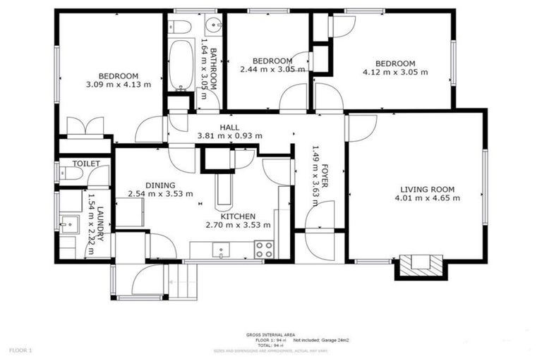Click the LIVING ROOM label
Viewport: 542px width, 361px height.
(x=427, y=189)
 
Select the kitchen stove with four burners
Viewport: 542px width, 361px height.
(x=264, y=249)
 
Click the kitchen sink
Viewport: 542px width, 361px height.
(x=221, y=249)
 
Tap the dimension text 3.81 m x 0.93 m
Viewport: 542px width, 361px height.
(x=229, y=136)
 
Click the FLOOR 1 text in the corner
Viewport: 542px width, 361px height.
(x=20, y=349)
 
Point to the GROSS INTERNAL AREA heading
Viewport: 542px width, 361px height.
(x=270, y=334)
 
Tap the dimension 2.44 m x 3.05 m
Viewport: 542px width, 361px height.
(x=272, y=70)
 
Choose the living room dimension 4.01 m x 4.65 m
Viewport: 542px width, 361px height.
(x=427, y=198)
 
